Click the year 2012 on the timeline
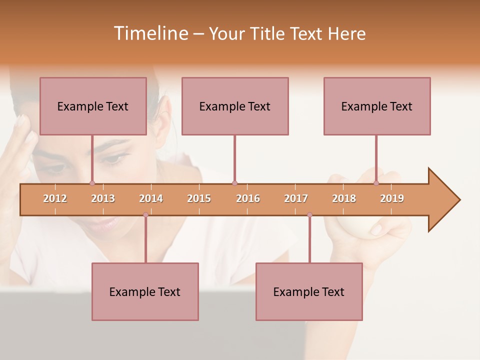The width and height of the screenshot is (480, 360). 55,198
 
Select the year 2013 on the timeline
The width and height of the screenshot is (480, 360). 103,198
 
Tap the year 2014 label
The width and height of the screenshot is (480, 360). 151,198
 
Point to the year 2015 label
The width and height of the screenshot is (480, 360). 199,198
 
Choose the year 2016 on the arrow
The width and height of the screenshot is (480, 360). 248,198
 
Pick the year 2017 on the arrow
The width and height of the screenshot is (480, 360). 296,198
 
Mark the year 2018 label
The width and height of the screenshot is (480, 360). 344,198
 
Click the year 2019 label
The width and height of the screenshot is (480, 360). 392,198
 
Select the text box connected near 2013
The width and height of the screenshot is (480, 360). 93,106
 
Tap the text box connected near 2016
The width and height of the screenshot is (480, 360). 235,106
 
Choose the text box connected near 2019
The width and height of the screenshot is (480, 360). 377,106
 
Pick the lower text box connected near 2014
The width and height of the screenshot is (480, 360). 145,291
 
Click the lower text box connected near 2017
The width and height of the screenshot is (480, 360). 309,291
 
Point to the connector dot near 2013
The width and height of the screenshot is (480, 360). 92,183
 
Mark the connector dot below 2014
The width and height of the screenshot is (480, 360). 145,215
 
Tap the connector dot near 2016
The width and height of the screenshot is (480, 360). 234,183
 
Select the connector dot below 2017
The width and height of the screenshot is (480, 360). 309,215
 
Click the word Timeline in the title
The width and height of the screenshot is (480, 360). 150,33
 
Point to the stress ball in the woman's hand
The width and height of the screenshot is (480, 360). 350,230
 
